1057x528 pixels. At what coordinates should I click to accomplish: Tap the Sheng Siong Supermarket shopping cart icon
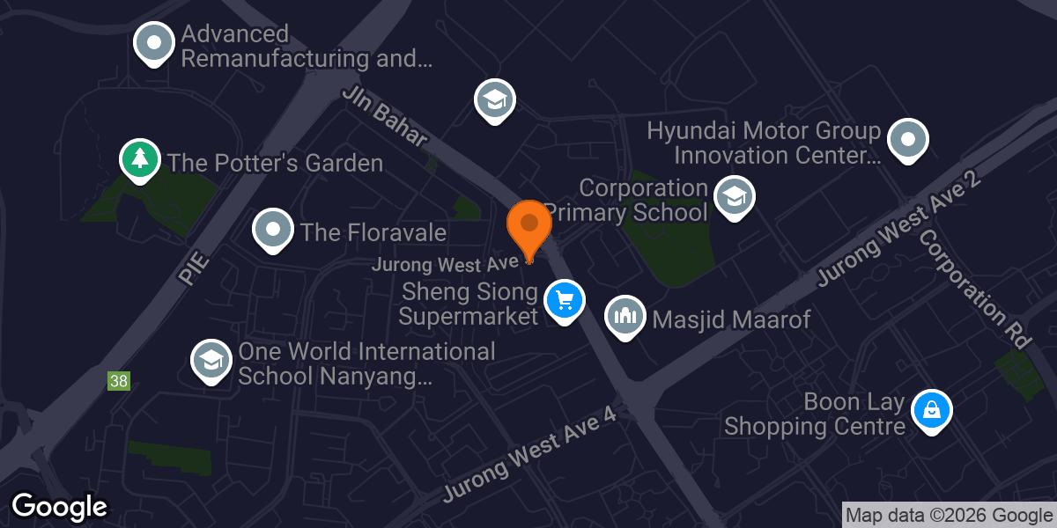pyautogui.click(x=565, y=301)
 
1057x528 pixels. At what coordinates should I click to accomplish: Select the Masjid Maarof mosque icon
pyautogui.click(x=625, y=316)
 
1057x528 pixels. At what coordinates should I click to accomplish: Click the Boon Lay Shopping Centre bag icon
pyautogui.click(x=931, y=410)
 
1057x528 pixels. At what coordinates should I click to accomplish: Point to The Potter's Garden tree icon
pyautogui.click(x=139, y=160)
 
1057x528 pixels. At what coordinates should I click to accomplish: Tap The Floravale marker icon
pyautogui.click(x=273, y=231)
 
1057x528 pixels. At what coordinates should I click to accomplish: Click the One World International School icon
pyautogui.click(x=211, y=361)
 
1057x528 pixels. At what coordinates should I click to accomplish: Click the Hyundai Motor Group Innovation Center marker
pyautogui.click(x=907, y=140)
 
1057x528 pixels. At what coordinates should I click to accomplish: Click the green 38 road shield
pyautogui.click(x=119, y=381)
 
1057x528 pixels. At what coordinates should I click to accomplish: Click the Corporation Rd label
pyautogui.click(x=973, y=290)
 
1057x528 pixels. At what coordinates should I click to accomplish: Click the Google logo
pyautogui.click(x=59, y=507)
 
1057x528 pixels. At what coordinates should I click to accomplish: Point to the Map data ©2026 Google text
pyautogui.click(x=948, y=516)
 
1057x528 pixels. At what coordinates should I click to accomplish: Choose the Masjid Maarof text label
pyautogui.click(x=731, y=319)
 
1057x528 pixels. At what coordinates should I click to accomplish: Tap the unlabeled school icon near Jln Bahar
pyautogui.click(x=495, y=99)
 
